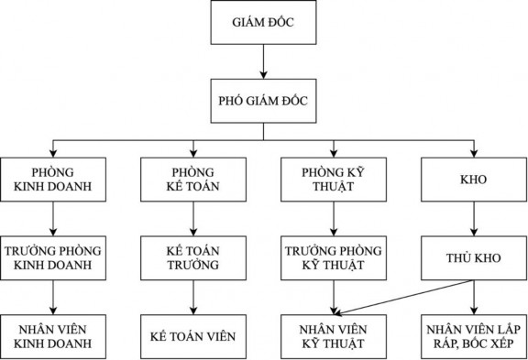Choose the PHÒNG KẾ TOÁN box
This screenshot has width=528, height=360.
(192, 181)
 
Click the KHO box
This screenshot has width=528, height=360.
(474, 181)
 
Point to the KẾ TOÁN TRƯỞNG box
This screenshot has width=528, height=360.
(192, 258)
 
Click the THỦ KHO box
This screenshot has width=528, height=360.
(474, 258)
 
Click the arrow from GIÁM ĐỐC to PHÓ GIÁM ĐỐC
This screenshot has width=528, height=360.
(264, 60)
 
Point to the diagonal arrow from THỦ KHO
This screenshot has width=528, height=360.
(403, 296)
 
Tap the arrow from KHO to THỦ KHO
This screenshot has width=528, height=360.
(474, 220)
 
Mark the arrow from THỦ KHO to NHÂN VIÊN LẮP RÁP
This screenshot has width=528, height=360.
(474, 298)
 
